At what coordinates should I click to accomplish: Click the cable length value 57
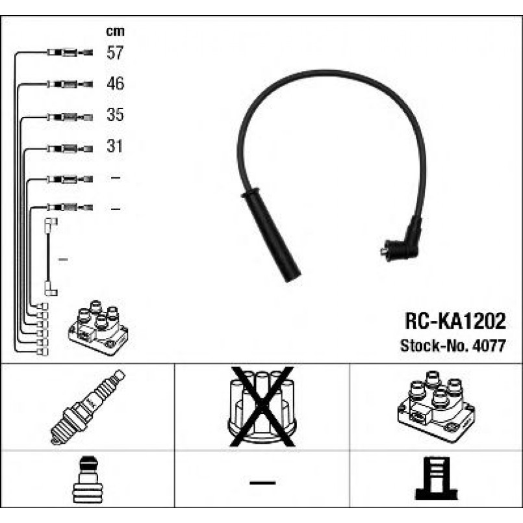pos(115,53)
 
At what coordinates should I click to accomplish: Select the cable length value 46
pos(115,84)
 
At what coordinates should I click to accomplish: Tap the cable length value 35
pos(115,116)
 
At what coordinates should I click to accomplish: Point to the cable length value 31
pos(115,147)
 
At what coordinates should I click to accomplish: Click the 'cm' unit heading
pos(115,31)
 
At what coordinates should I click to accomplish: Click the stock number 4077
pos(489,346)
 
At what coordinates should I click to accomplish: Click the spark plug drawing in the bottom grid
pos(88,406)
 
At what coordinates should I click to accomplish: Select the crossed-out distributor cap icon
pos(262,406)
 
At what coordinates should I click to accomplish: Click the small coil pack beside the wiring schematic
pos(98,327)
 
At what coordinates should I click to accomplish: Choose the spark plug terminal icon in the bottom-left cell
pos(87,482)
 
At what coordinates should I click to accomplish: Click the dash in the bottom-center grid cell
pos(262,483)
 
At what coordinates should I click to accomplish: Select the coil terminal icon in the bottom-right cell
pos(436,482)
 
